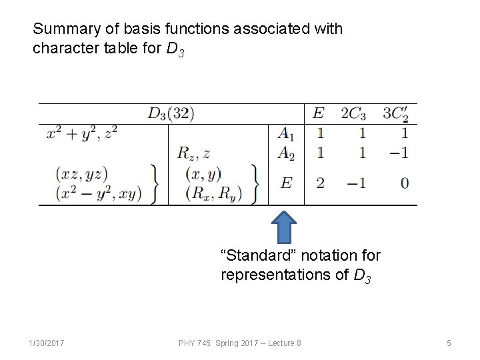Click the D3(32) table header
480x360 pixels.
[171, 113]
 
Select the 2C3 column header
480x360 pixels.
[353, 113]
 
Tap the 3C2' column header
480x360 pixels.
[395, 114]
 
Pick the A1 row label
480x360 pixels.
[286, 133]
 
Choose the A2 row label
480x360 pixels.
[286, 153]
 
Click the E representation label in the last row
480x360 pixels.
[286, 183]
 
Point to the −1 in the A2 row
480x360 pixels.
[399, 153]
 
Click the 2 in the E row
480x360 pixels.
[320, 183]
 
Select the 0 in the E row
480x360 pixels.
[405, 183]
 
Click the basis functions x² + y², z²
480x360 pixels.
[82, 133]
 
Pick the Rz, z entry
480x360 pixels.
[194, 153]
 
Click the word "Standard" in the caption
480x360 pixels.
[251, 255]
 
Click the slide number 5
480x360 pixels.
[449, 343]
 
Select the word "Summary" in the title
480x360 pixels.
[61, 29]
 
